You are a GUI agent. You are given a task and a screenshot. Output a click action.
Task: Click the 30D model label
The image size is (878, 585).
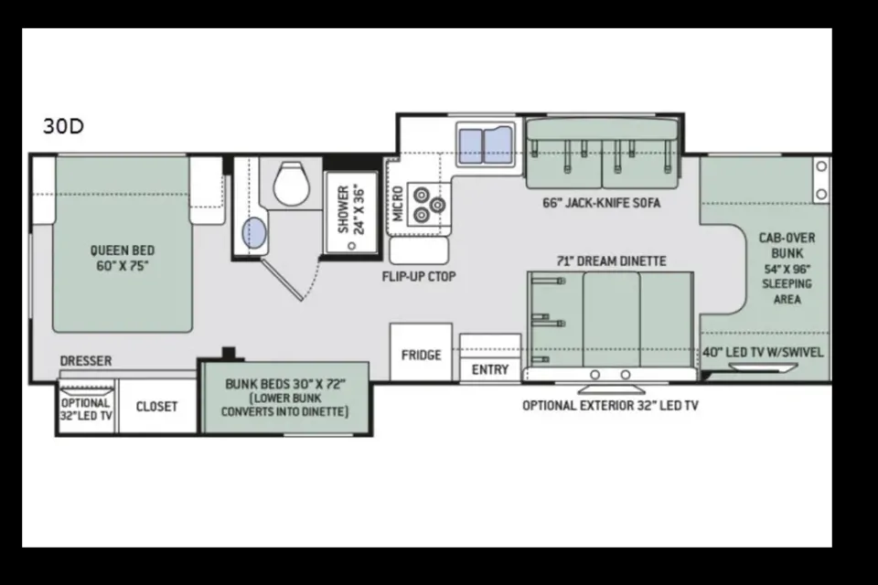click(x=63, y=126)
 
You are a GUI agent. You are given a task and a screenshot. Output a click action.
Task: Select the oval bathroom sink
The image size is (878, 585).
click(x=254, y=233)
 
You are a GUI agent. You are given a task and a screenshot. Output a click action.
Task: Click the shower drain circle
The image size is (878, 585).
click(x=351, y=245)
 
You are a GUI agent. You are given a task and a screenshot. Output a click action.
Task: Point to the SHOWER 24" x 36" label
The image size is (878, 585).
click(x=351, y=210)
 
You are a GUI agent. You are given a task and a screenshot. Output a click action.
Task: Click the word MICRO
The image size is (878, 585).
click(x=398, y=204)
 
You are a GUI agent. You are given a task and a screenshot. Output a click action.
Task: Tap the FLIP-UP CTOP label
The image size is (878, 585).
click(x=419, y=277)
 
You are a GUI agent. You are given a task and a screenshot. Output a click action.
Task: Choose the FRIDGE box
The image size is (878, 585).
click(x=421, y=352)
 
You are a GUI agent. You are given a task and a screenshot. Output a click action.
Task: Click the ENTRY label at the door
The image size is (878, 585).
click(x=490, y=370)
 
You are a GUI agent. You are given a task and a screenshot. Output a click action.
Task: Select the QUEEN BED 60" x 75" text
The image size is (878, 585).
click(x=123, y=258)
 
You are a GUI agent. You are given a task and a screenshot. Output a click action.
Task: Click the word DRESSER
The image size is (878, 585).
click(x=86, y=361)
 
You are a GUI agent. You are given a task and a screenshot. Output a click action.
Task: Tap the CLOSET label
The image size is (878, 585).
click(x=156, y=407)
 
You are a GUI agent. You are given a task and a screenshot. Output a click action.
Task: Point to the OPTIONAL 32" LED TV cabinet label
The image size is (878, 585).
click(x=86, y=409)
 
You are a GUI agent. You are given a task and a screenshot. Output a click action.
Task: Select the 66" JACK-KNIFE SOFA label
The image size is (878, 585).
click(x=602, y=203)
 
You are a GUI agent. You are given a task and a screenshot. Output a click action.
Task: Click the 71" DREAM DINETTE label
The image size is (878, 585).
click(x=612, y=261)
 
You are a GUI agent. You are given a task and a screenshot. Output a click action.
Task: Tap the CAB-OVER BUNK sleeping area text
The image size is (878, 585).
click(x=787, y=268)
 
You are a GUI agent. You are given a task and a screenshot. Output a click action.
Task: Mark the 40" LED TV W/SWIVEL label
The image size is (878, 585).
click(x=763, y=352)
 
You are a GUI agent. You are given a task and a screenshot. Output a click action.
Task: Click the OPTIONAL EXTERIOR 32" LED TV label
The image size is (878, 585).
click(x=610, y=405)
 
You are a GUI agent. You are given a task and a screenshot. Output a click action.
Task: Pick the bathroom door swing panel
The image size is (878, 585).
click(x=283, y=280)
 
